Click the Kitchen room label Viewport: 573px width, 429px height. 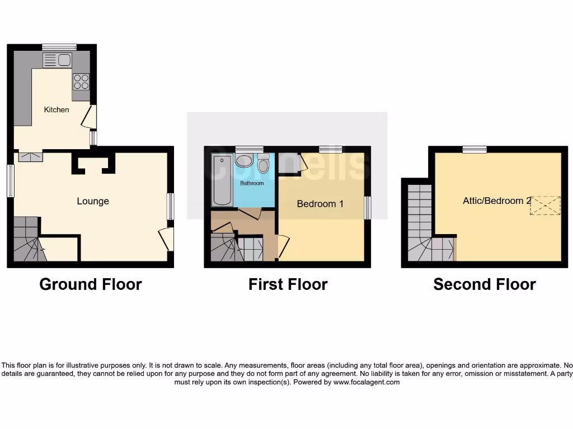(57, 109)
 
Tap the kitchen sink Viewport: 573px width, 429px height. (57, 60)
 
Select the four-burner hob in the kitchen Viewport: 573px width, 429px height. (81, 82)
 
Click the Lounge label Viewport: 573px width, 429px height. (93, 201)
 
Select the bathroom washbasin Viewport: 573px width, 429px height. (244, 161)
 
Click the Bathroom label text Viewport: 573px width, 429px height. (252, 183)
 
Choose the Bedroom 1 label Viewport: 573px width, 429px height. (320, 204)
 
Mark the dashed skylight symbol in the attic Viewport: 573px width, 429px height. (544, 205)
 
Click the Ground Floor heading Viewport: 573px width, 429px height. (91, 284)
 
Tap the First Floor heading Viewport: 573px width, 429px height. (288, 284)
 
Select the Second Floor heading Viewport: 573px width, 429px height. (485, 284)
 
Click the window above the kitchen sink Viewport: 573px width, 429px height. (59, 47)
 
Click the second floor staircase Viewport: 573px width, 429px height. (422, 229)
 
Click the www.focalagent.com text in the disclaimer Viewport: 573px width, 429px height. (367, 383)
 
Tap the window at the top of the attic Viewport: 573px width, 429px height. (475, 149)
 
